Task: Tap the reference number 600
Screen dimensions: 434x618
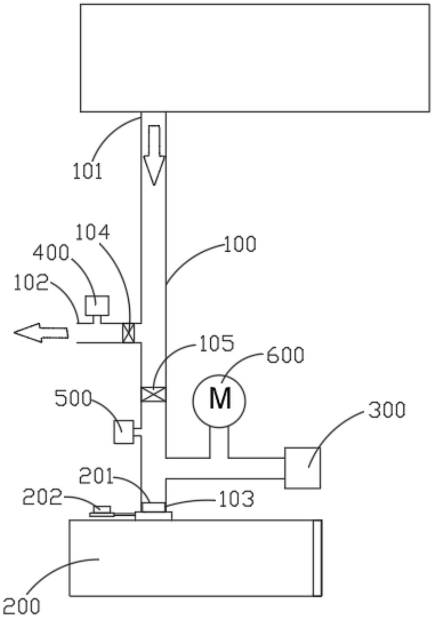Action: coord(285,355)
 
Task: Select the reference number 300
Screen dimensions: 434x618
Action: coord(387,410)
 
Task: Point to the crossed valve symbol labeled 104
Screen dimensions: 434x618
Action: coord(129,333)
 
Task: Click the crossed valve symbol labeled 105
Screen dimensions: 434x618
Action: coord(153,394)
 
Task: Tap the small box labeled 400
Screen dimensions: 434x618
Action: coord(97,305)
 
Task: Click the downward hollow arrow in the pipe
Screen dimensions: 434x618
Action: coord(154,155)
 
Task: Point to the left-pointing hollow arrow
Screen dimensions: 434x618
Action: coord(41,333)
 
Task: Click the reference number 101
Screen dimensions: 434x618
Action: coord(88,171)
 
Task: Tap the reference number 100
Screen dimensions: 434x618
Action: coord(240,244)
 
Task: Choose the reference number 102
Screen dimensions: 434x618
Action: coord(31,283)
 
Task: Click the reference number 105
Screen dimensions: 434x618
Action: coord(217,343)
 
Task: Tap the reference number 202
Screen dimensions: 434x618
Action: coord(42,497)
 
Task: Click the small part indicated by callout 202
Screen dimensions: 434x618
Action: coord(102,511)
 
